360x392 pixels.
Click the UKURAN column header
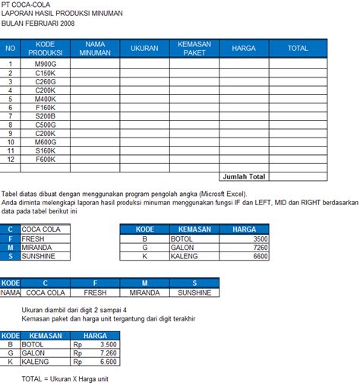(x=144, y=49)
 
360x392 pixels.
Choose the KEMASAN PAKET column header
(x=194, y=49)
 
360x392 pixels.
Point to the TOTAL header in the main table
(x=298, y=49)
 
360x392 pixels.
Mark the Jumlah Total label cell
(x=244, y=176)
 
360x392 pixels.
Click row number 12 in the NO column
(x=11, y=160)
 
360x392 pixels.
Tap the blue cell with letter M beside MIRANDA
(x=11, y=248)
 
